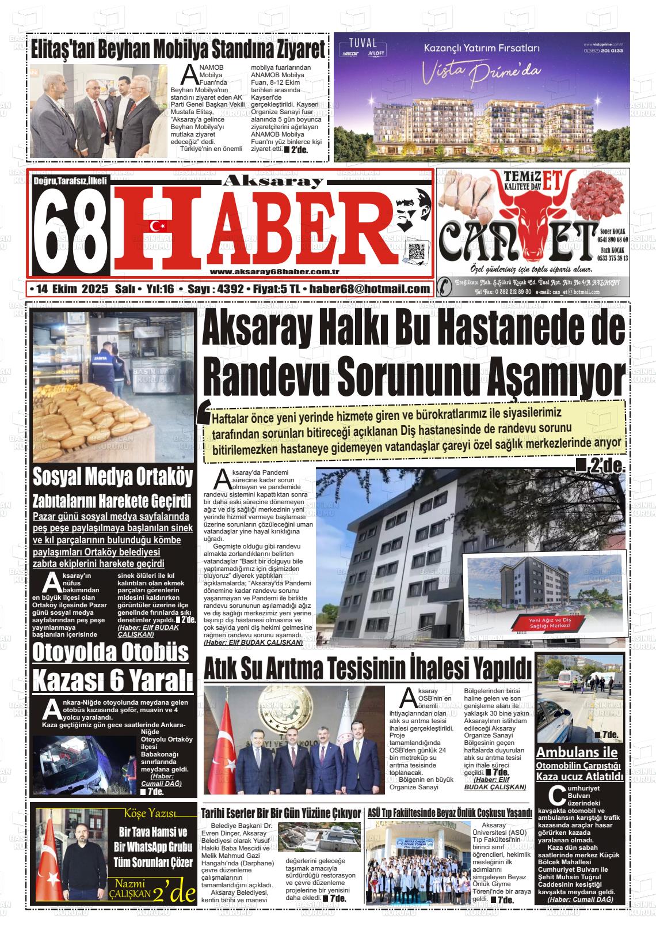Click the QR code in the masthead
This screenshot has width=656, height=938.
pyautogui.click(x=416, y=252)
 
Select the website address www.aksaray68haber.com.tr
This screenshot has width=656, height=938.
pyautogui.click(x=274, y=272)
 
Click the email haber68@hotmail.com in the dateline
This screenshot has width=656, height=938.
pyautogui.click(x=369, y=289)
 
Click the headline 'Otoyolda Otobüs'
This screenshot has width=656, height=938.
pyautogui.click(x=110, y=653)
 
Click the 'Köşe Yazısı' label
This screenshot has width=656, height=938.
pyautogui.click(x=151, y=814)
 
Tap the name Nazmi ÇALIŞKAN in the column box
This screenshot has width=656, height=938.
pyautogui.click(x=133, y=888)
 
